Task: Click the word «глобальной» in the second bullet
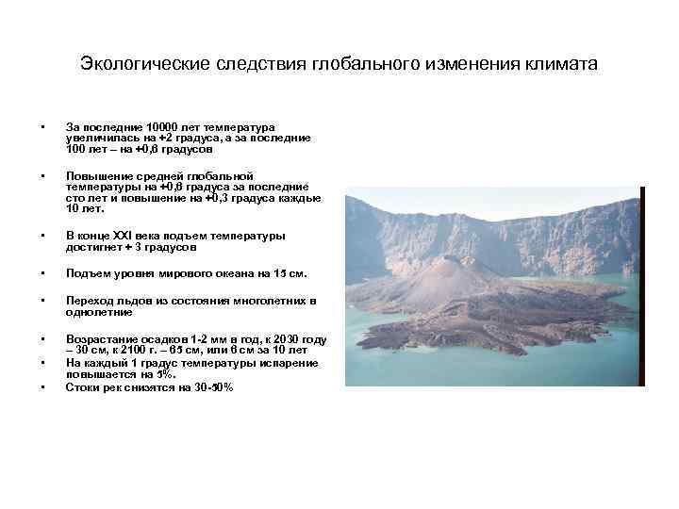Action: (x=224, y=175)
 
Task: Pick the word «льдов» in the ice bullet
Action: (x=129, y=301)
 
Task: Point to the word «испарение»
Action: (x=291, y=363)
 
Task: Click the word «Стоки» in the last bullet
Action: (x=83, y=387)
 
